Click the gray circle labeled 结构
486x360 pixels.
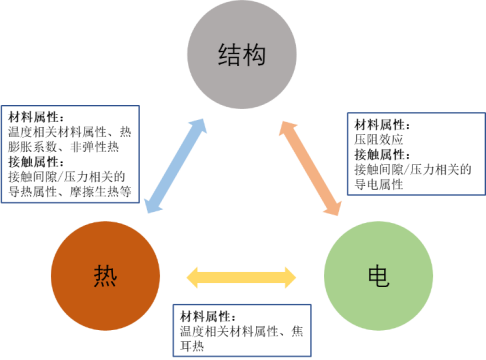(241, 56)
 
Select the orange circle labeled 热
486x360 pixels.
(105, 275)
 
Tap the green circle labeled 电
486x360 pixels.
(379, 275)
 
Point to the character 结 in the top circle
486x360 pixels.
(229, 55)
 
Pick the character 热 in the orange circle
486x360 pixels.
(105, 275)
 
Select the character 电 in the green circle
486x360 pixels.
(379, 276)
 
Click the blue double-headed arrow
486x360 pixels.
(176, 165)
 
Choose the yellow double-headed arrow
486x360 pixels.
(242, 277)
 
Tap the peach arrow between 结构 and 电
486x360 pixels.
(309, 167)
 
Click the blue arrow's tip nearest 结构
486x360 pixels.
(204, 121)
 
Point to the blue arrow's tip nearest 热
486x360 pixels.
(148, 210)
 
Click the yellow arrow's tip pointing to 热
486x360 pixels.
(189, 277)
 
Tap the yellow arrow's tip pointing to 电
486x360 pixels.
(296, 277)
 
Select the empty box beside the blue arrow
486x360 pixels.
(71, 154)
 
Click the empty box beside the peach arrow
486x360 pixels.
(415, 153)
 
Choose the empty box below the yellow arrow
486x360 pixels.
(242, 330)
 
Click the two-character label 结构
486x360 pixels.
(241, 55)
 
